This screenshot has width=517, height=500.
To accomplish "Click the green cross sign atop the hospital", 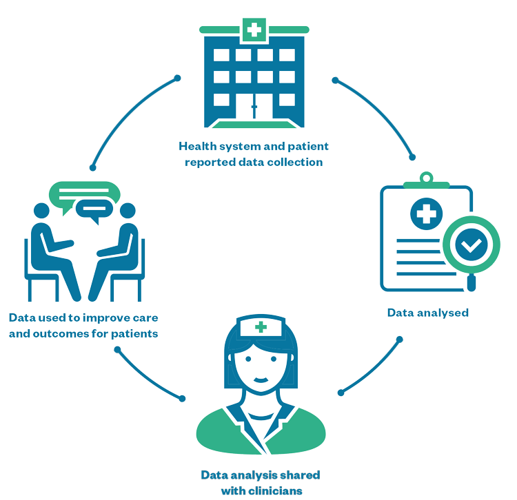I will pyautogui.click(x=255, y=30).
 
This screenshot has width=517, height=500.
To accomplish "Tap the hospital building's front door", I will pyautogui.click(x=254, y=107).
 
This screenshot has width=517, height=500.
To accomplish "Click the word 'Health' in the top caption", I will pyautogui.click(x=196, y=147).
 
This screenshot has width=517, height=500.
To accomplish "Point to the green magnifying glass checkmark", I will pyautogui.click(x=472, y=244).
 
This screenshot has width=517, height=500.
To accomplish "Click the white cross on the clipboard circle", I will pyautogui.click(x=427, y=213).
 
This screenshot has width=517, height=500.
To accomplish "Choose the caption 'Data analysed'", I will pyautogui.click(x=427, y=313).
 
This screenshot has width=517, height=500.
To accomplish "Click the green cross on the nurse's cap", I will pyautogui.click(x=261, y=327).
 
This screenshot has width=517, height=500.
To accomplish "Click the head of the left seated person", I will pyautogui.click(x=42, y=212).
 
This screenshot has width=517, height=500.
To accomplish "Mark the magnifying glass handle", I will pyautogui.click(x=472, y=281).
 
